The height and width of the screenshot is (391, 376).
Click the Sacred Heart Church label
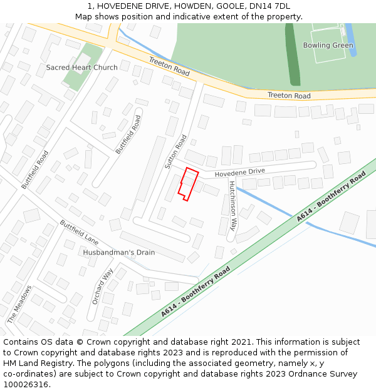point(81,68)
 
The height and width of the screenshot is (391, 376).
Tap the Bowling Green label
point(328,46)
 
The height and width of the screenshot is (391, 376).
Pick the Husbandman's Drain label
point(118,253)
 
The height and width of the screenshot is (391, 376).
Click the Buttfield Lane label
point(80,231)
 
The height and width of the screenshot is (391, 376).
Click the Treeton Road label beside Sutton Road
point(169,66)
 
